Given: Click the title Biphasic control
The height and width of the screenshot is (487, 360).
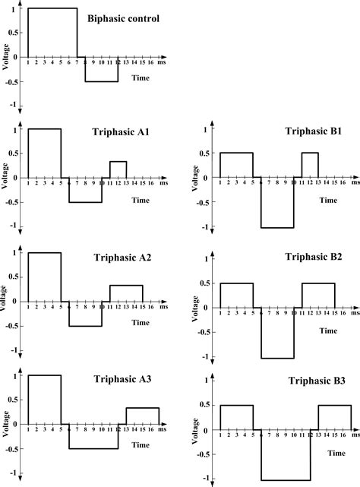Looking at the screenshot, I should (x=128, y=18).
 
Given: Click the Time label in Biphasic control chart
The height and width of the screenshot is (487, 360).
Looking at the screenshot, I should (x=140, y=77).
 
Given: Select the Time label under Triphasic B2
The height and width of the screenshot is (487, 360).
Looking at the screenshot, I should (x=328, y=330).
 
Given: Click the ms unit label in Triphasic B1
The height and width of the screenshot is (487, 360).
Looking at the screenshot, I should (x=355, y=183).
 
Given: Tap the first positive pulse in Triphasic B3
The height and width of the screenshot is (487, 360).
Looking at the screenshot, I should (x=236, y=419).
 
